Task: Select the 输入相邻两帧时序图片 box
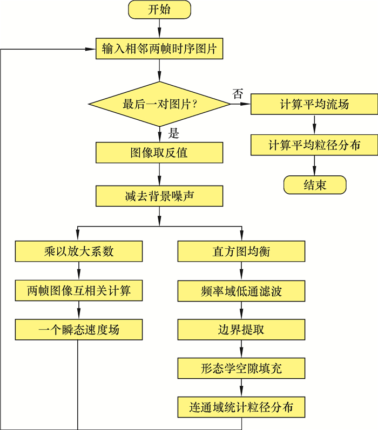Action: coord(159,49)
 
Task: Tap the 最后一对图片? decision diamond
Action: coord(159,105)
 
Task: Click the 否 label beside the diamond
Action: coord(238,93)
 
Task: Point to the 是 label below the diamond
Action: coord(173,133)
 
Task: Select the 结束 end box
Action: coord(314,185)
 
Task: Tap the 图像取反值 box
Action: coord(159,153)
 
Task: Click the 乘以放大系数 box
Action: coord(79,251)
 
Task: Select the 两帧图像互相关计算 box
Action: coord(79,291)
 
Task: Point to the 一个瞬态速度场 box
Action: coord(79,329)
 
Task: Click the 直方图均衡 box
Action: coord(241,251)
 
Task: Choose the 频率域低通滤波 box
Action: coord(241,291)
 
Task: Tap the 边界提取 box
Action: coord(241,329)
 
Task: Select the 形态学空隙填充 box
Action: coord(241,368)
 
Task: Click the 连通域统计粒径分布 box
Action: coord(241,407)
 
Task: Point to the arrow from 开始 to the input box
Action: coord(159,29)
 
